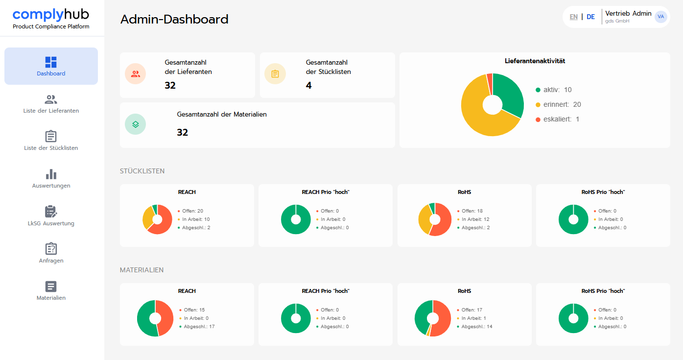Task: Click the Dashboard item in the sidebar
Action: (x=51, y=66)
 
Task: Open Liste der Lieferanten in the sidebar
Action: (x=51, y=104)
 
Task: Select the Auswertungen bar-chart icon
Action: (x=51, y=174)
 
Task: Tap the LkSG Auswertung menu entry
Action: (x=51, y=216)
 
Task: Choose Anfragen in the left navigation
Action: (x=51, y=253)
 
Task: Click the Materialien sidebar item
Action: (x=51, y=291)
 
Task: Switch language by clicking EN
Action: (x=573, y=17)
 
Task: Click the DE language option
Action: (x=590, y=17)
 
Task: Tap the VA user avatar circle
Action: (x=661, y=17)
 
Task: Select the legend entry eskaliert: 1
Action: (x=557, y=120)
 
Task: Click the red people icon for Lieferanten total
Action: (x=136, y=74)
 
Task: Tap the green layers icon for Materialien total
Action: (x=136, y=124)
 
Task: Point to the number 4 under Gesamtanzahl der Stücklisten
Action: (x=308, y=85)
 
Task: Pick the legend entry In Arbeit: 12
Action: (x=473, y=219)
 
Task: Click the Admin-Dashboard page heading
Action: (x=174, y=19)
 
